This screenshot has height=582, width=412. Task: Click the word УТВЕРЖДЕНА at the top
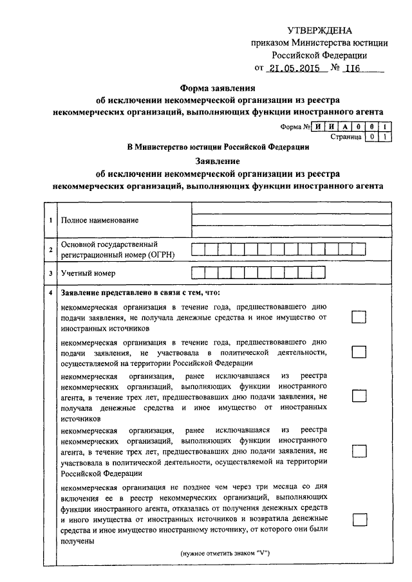point(320,31)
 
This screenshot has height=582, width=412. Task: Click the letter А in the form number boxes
point(348,127)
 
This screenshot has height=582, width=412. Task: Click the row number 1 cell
point(50,221)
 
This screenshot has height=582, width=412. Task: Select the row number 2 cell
point(50,250)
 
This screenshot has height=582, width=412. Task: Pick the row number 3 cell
point(50,273)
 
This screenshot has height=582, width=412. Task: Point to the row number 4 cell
point(50,293)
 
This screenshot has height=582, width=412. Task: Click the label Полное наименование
point(99,221)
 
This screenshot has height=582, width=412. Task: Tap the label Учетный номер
point(88,273)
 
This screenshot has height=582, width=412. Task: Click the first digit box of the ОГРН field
point(198,250)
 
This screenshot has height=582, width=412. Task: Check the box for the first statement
point(359,317)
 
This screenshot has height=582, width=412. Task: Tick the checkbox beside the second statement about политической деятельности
point(359,352)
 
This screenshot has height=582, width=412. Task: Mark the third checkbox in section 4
point(359,395)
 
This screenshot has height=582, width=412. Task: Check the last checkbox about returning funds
point(359,519)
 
